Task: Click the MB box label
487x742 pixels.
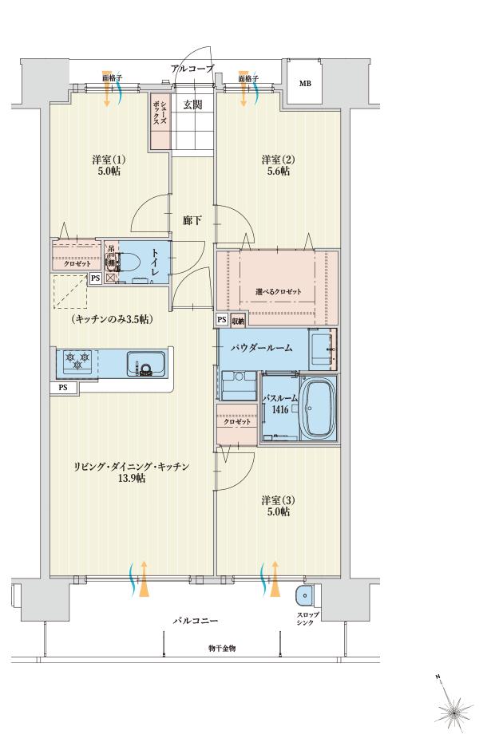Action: (x=306, y=83)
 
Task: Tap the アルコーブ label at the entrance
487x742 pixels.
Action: (x=192, y=69)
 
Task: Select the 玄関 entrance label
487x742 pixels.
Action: (x=192, y=105)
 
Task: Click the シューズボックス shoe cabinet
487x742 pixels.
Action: (x=160, y=120)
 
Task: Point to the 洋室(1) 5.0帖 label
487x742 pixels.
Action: (x=109, y=164)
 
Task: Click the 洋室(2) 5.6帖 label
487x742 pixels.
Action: (x=277, y=165)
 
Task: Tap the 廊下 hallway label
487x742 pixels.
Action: (x=192, y=219)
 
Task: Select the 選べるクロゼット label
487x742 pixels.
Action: (x=279, y=291)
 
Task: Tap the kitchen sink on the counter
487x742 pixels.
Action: (x=145, y=363)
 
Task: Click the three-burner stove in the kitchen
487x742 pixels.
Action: (x=77, y=361)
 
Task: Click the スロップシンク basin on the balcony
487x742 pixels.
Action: (x=304, y=597)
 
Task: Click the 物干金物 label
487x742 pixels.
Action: (x=222, y=648)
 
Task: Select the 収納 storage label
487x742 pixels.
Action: (x=239, y=321)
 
